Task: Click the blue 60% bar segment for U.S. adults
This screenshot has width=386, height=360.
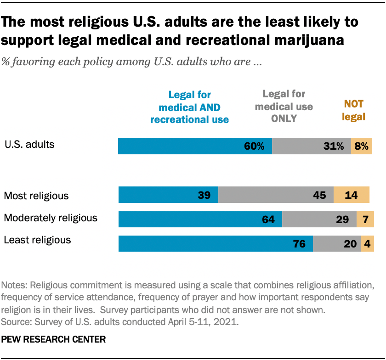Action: pyautogui.click(x=195, y=146)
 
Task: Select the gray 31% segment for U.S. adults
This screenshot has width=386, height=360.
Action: pyautogui.click(x=312, y=146)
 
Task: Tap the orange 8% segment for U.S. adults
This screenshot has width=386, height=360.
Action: pyautogui.click(x=362, y=146)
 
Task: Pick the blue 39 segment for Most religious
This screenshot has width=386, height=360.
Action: pyautogui.click(x=168, y=195)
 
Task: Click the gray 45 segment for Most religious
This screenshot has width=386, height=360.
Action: pyautogui.click(x=276, y=195)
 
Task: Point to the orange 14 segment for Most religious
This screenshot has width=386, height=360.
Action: pyautogui.click(x=352, y=195)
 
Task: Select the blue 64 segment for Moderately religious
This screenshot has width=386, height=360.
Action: pyautogui.click(x=200, y=219)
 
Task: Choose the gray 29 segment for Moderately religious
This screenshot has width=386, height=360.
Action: pyautogui.click(x=319, y=219)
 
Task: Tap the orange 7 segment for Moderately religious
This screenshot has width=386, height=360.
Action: pyautogui.click(x=365, y=219)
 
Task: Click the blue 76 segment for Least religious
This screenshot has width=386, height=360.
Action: pyautogui.click(x=216, y=244)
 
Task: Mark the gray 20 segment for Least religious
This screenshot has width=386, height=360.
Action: pyautogui.click(x=337, y=244)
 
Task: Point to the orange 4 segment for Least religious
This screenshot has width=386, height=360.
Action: pyautogui.click(x=368, y=244)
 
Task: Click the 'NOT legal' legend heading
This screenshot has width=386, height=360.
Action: pyautogui.click(x=354, y=111)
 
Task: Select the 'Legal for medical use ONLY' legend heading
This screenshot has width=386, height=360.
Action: pyautogui.click(x=284, y=107)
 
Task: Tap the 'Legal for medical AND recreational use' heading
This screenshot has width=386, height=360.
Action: pyautogui.click(x=189, y=107)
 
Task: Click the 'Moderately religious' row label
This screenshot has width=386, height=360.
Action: pyautogui.click(x=51, y=218)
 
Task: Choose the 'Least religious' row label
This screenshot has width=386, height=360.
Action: pyautogui.click(x=37, y=240)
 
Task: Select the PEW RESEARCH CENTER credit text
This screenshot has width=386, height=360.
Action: pyautogui.click(x=54, y=340)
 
